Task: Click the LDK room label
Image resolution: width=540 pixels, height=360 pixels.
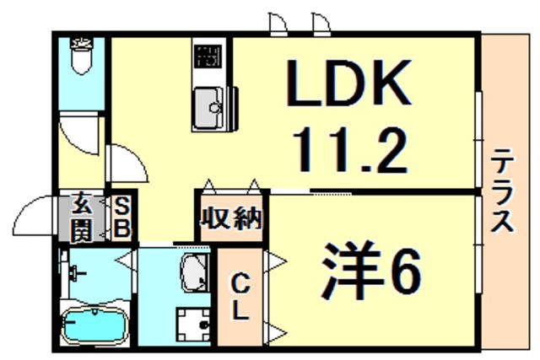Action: click(x=350, y=82)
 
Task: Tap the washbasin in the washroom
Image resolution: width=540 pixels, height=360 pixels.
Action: click(x=197, y=273)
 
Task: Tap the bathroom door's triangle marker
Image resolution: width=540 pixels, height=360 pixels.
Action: click(x=127, y=261)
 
